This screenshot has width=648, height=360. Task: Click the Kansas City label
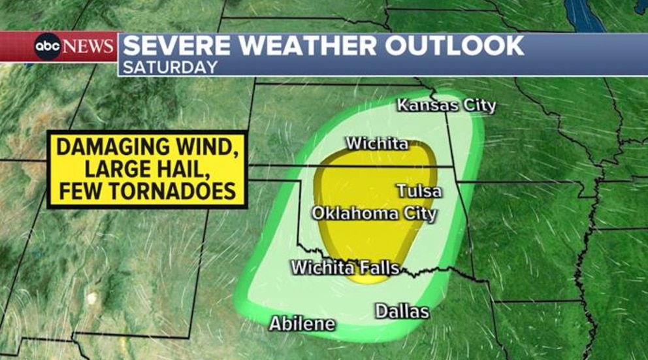447,105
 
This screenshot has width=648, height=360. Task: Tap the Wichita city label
377,143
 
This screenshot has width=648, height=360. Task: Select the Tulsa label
419,191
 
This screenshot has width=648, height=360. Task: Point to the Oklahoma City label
374,214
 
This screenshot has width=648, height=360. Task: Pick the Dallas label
402,311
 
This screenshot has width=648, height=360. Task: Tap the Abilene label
302,323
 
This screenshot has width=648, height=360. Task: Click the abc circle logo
48,46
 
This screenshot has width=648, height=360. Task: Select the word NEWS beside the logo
89,47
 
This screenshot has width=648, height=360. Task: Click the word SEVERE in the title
170,46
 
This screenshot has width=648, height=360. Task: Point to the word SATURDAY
170,67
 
